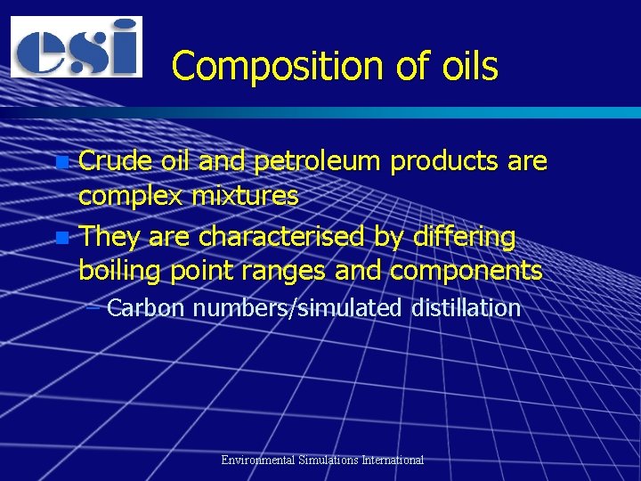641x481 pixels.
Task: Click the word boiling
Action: (123, 271)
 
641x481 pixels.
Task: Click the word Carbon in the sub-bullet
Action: (145, 309)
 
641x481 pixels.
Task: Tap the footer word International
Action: (393, 461)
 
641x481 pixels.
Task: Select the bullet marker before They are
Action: (61, 238)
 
